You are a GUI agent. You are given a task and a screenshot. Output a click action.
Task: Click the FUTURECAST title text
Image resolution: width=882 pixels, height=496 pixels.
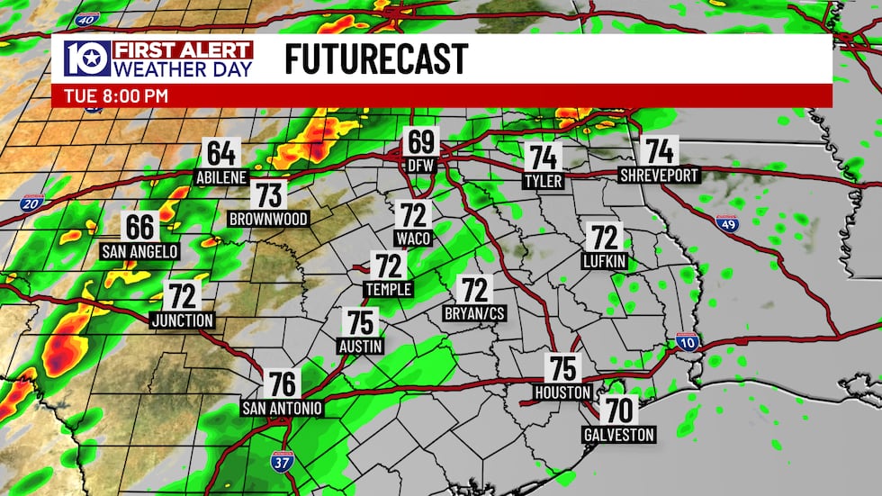pyautogui.click(x=376, y=59)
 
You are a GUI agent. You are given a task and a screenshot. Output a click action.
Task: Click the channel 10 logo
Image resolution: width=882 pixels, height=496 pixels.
pyautogui.click(x=87, y=59)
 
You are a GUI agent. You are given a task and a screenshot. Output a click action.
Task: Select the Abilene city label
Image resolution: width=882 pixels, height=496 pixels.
pyautogui.click(x=221, y=178)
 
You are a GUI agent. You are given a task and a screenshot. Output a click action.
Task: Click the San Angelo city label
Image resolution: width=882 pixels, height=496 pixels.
pyautogui.click(x=139, y=251)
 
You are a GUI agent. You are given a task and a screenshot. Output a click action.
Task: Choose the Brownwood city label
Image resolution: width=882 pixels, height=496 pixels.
pyautogui.click(x=268, y=219)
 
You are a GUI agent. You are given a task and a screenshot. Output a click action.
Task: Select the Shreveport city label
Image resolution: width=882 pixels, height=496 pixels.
pyautogui.click(x=659, y=176)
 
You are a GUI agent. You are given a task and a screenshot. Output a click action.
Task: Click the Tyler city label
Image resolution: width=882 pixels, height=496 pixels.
pyautogui.click(x=543, y=182)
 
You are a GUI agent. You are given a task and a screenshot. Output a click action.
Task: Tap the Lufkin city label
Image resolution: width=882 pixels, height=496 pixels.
pyautogui.click(x=604, y=262)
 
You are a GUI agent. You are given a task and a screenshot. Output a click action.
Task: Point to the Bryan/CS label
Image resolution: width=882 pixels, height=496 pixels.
pyautogui.click(x=474, y=314)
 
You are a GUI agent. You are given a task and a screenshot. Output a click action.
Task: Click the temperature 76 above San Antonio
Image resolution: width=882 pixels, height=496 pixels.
pyautogui.click(x=283, y=384)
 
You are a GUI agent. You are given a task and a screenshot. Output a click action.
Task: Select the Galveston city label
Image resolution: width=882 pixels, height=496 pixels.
pyautogui.click(x=617, y=435)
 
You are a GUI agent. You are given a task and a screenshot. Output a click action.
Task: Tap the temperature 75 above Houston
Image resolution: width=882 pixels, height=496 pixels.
pyautogui.click(x=562, y=368)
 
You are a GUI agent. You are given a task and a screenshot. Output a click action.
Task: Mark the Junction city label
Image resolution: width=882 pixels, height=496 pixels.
pyautogui.click(x=183, y=320)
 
